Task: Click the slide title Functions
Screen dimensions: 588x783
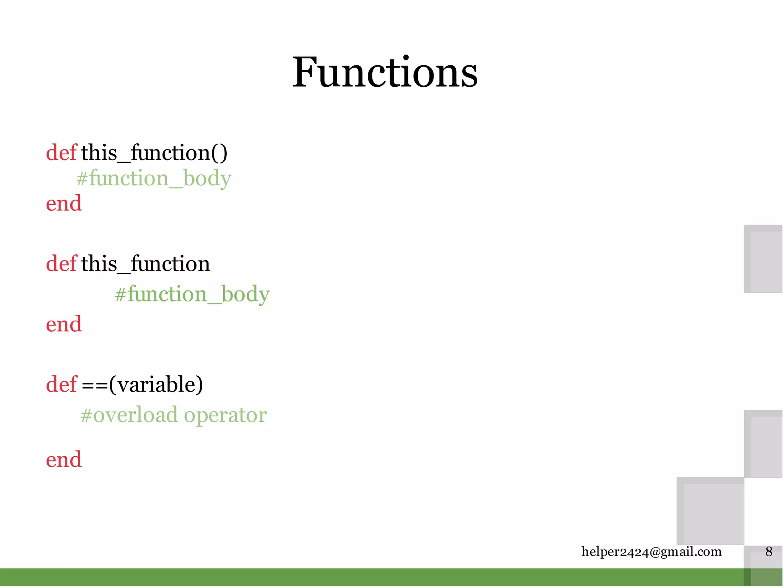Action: point(385,73)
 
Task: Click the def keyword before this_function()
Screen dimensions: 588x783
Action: point(61,153)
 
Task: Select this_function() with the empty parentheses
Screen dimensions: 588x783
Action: point(154,153)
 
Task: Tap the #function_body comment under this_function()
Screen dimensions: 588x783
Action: point(154,178)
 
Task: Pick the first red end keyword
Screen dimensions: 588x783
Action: point(64,203)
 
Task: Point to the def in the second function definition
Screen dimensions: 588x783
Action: point(61,264)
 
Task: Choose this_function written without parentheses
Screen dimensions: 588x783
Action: point(145,264)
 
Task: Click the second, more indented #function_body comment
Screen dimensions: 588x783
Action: point(192,294)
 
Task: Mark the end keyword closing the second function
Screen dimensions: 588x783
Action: point(64,324)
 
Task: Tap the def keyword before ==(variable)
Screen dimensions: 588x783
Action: point(61,384)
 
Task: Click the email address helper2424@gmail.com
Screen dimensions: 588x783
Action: point(651,552)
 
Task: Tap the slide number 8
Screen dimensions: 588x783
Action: point(769,552)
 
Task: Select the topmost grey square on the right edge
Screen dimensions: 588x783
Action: point(763,259)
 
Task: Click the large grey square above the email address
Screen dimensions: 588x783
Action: point(710,511)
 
